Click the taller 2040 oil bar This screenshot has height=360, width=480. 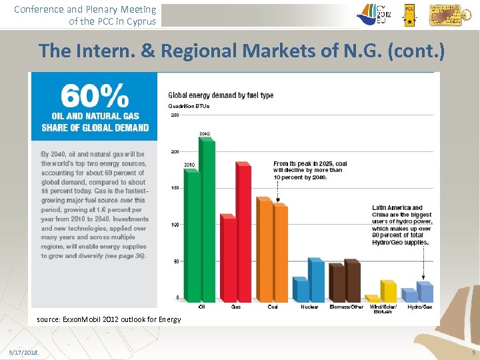pyautogui.click(x=207, y=220)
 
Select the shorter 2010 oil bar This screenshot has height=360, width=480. pyautogui.click(x=193, y=237)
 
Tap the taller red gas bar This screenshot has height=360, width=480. pyautogui.click(x=244, y=233)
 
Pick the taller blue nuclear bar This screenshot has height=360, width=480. pyautogui.click(x=317, y=280)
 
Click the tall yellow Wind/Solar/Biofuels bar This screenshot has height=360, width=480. pyautogui.click(x=389, y=291)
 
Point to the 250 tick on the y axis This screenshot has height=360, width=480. pyautogui.click(x=175, y=115)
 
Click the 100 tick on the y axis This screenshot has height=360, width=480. pyautogui.click(x=175, y=225)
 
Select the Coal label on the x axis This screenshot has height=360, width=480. pyautogui.click(x=273, y=307)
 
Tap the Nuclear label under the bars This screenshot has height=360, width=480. pyautogui.click(x=309, y=307)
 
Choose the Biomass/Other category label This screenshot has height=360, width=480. pyautogui.click(x=346, y=307)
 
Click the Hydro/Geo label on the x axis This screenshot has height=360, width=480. pyautogui.click(x=419, y=307)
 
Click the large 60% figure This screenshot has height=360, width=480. pyautogui.click(x=95, y=97)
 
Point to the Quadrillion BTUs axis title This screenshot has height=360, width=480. pyautogui.click(x=189, y=106)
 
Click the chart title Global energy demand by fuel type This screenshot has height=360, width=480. pyautogui.click(x=221, y=95)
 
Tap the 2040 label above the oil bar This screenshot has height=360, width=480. pyautogui.click(x=205, y=133)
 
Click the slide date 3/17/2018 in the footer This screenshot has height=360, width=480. pyautogui.click(x=23, y=351)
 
